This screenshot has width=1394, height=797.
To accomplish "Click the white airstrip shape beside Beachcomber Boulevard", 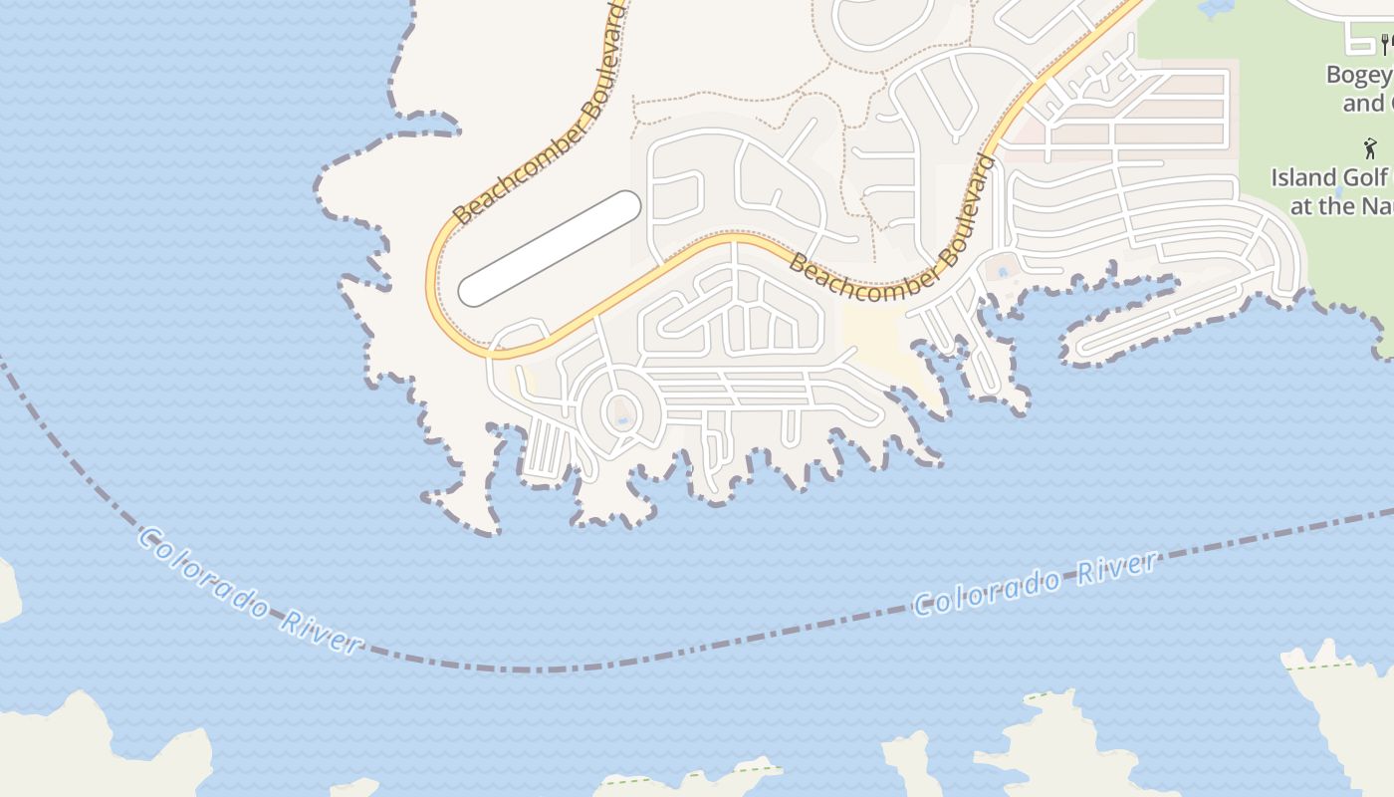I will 549,248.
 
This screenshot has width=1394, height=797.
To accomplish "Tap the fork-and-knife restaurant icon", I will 1384,44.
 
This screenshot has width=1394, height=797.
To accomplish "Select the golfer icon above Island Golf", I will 1370,149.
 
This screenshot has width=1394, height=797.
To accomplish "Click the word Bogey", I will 1360,75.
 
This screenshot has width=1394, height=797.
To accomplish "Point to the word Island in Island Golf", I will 1303,178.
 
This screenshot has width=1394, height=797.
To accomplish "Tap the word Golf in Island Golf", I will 1366,178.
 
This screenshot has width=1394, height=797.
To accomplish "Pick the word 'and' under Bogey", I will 1364,103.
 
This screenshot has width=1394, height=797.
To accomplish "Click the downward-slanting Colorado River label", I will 248,590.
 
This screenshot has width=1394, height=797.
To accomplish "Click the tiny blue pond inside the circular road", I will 621,419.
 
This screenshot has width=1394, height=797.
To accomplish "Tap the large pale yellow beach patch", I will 876,339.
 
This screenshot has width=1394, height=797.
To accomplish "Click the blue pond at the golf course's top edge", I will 1216,7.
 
